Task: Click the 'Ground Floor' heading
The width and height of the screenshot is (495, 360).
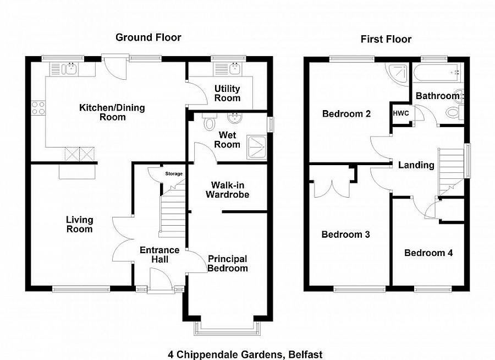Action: click(x=148, y=37)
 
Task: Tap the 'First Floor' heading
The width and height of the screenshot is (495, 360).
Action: click(x=386, y=39)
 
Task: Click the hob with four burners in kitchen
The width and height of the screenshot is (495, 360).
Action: click(x=38, y=108)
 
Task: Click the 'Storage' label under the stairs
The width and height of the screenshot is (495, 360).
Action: click(x=174, y=174)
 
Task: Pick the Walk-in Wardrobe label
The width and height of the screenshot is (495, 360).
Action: click(x=227, y=190)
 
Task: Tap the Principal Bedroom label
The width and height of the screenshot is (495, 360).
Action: click(x=227, y=263)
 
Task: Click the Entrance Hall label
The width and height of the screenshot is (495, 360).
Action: click(x=159, y=254)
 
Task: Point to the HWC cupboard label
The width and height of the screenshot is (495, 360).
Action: click(x=399, y=113)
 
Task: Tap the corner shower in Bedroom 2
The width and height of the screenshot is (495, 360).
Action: click(x=397, y=74)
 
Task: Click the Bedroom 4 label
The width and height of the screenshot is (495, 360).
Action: click(x=428, y=253)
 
